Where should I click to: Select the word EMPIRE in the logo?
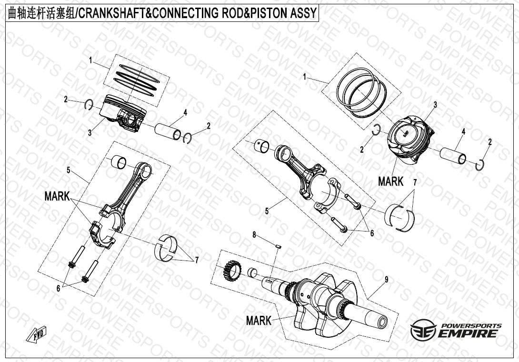click(x=469, y=333)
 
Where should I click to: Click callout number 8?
click(x=254, y=235)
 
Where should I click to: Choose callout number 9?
click(x=386, y=280)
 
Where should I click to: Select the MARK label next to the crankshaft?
click(x=259, y=321)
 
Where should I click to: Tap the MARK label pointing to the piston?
click(x=390, y=181)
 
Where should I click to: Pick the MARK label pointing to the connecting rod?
click(x=57, y=196)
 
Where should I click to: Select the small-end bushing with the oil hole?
click(x=261, y=146)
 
